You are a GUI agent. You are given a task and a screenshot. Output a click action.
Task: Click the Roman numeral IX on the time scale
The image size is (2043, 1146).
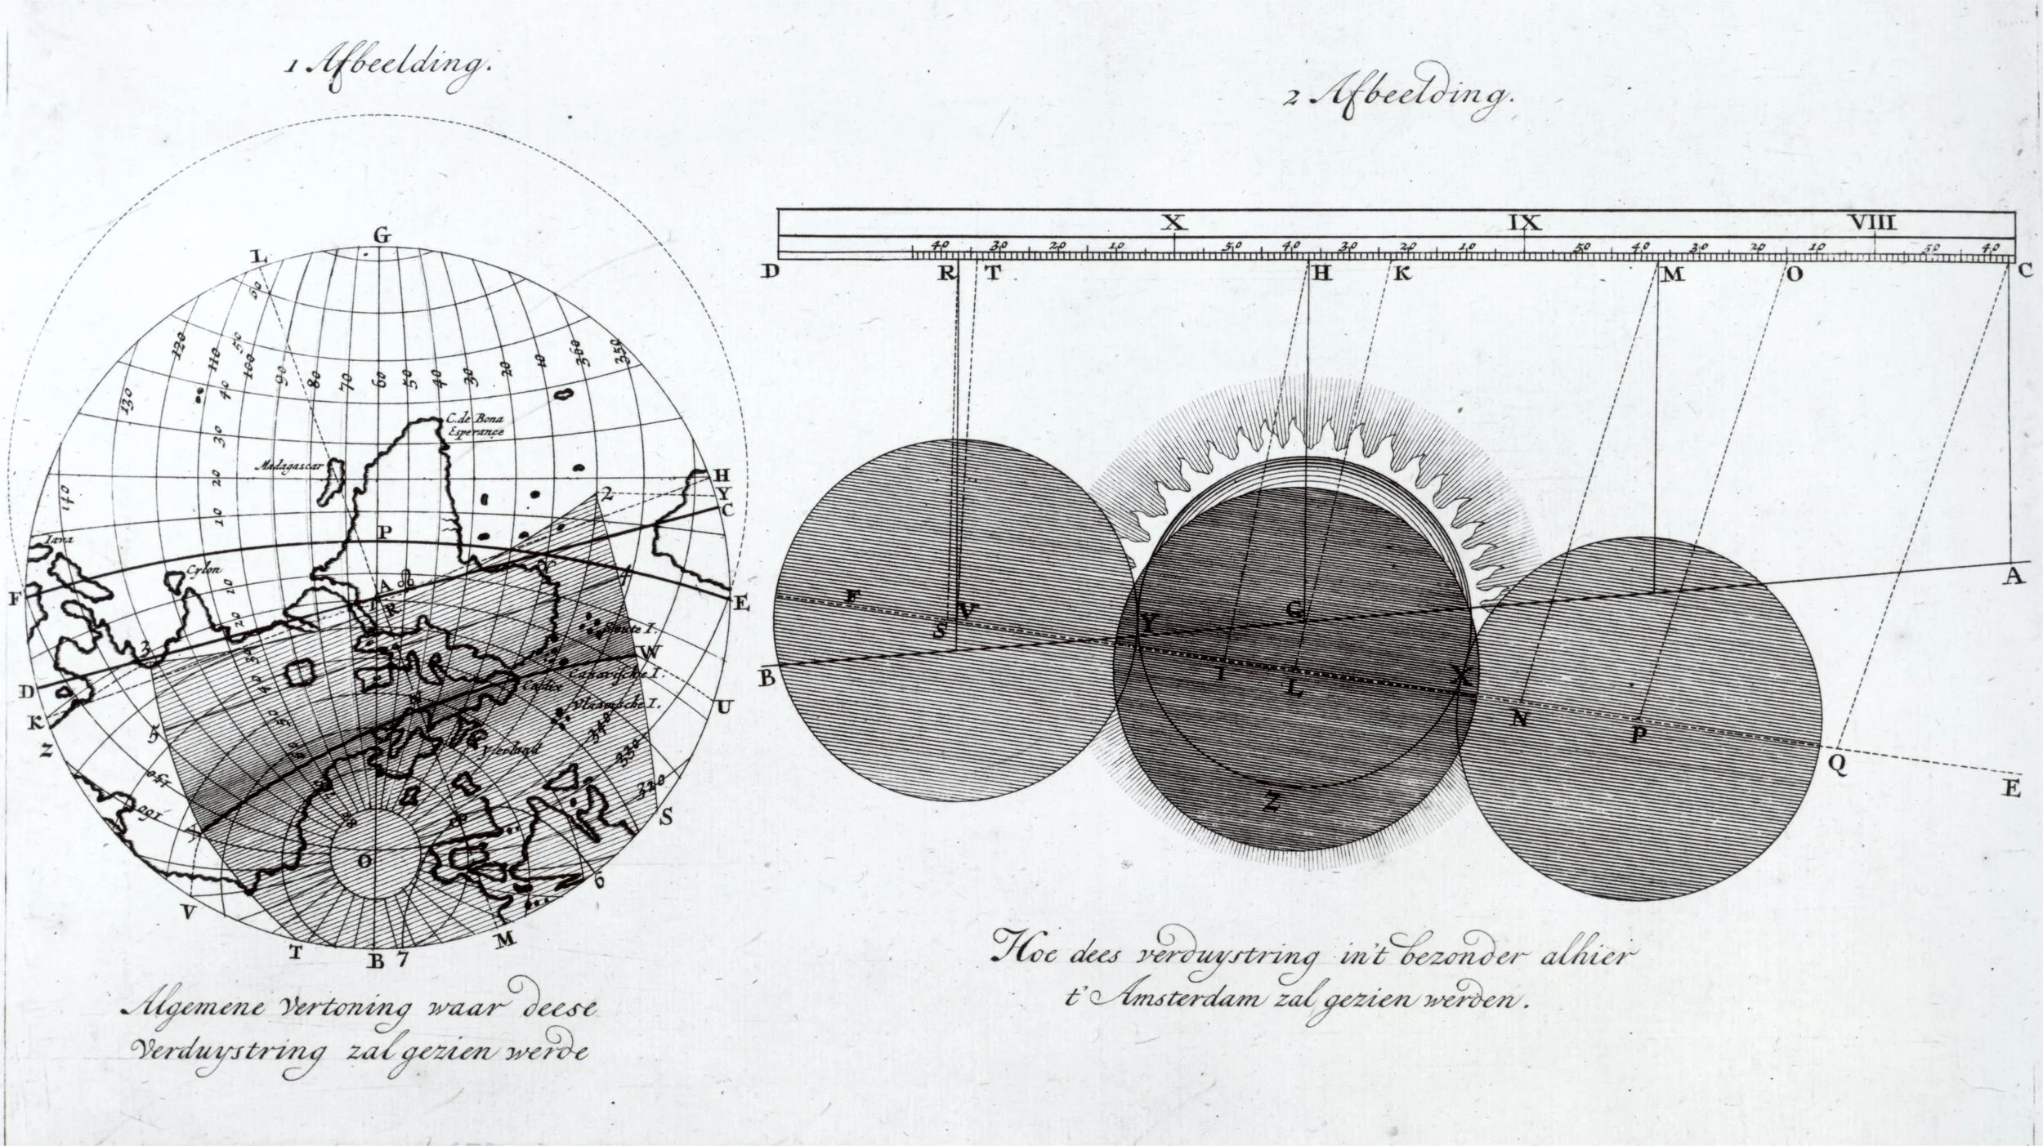pos(1525,221)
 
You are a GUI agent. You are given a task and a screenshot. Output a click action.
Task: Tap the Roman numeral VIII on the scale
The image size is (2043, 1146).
pos(1873,221)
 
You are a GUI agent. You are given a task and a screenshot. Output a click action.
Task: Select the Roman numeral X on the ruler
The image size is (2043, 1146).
pos(1174,221)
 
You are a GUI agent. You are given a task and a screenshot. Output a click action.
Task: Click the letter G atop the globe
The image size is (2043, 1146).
pos(382,237)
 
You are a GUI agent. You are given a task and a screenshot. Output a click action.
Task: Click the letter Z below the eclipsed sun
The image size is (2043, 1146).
pos(1272,804)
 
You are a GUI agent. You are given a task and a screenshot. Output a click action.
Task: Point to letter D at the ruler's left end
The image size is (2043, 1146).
pos(769,271)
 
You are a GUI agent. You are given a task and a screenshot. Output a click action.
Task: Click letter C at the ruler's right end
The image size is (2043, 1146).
pos(2024,272)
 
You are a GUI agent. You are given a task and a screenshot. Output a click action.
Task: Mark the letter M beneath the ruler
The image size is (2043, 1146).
pos(1674,274)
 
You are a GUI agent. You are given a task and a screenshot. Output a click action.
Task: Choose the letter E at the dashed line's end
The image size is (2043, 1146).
pos(2011,790)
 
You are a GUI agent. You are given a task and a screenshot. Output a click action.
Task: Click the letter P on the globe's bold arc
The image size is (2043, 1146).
pos(384,532)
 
